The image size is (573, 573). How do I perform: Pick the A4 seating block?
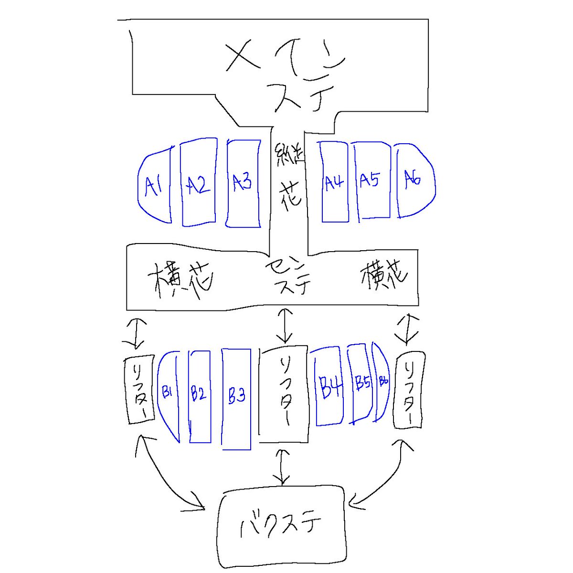(334, 182)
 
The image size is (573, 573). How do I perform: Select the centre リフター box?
(284, 393)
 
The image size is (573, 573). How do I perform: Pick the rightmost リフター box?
(409, 390)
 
